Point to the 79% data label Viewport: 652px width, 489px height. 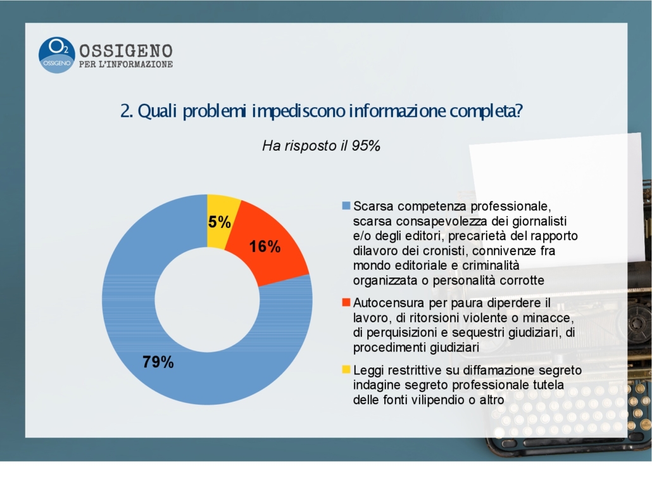pyautogui.click(x=158, y=362)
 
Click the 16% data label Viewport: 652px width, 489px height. pyautogui.click(x=265, y=246)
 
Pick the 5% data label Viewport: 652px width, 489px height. pyautogui.click(x=220, y=222)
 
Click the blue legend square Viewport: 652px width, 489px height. pyautogui.click(x=346, y=206)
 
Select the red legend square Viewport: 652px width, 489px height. pyautogui.click(x=346, y=302)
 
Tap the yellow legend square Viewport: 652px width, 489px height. pyautogui.click(x=346, y=369)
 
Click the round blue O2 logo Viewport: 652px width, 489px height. pyautogui.click(x=56, y=55)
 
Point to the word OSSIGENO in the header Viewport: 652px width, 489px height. pyautogui.click(x=126, y=51)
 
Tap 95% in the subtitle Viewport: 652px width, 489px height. pyautogui.click(x=366, y=146)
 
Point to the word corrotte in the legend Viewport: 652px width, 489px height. pyautogui.click(x=522, y=280)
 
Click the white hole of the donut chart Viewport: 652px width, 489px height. pyautogui.click(x=207, y=300)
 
